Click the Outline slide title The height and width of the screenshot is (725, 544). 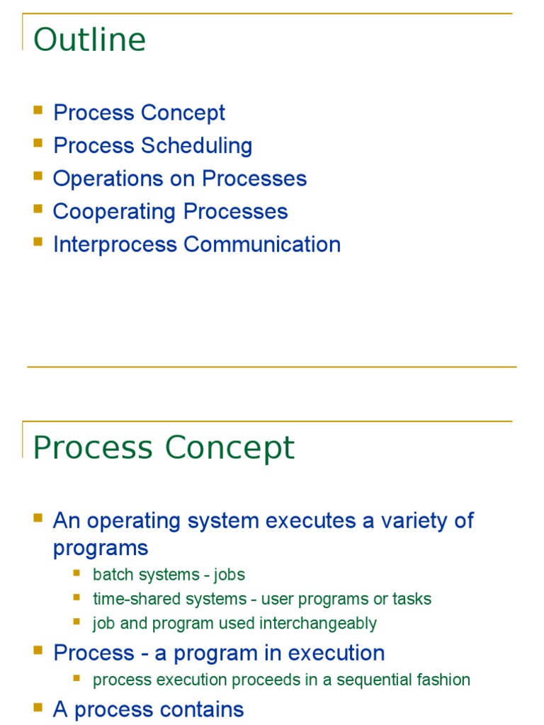click(89, 40)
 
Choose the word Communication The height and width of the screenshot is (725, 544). click(262, 244)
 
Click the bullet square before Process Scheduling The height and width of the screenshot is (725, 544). click(38, 144)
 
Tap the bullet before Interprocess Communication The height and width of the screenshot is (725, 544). click(38, 242)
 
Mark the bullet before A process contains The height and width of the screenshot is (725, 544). click(38, 707)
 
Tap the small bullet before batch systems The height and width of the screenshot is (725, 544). click(77, 573)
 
